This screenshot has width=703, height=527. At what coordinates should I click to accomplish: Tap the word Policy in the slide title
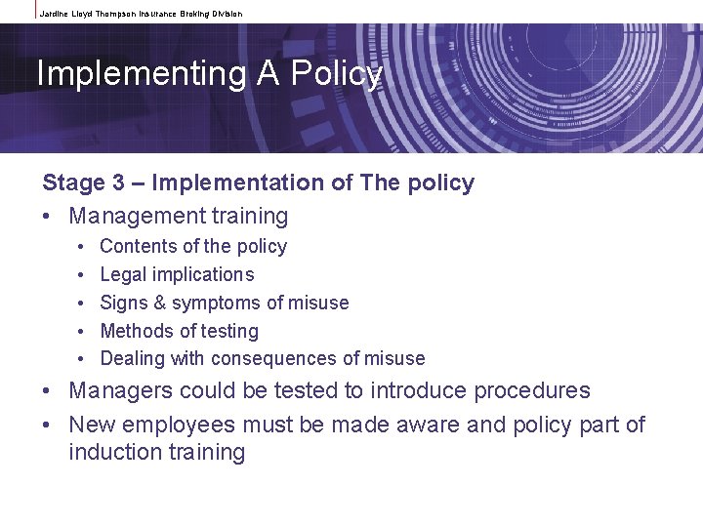point(337,73)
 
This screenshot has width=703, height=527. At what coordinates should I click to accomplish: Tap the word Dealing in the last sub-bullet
point(133,358)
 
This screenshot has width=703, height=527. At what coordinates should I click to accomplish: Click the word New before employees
point(91,425)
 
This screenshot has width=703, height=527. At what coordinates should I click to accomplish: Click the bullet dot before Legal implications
point(79,275)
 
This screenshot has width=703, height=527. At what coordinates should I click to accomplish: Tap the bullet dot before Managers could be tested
point(48,391)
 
